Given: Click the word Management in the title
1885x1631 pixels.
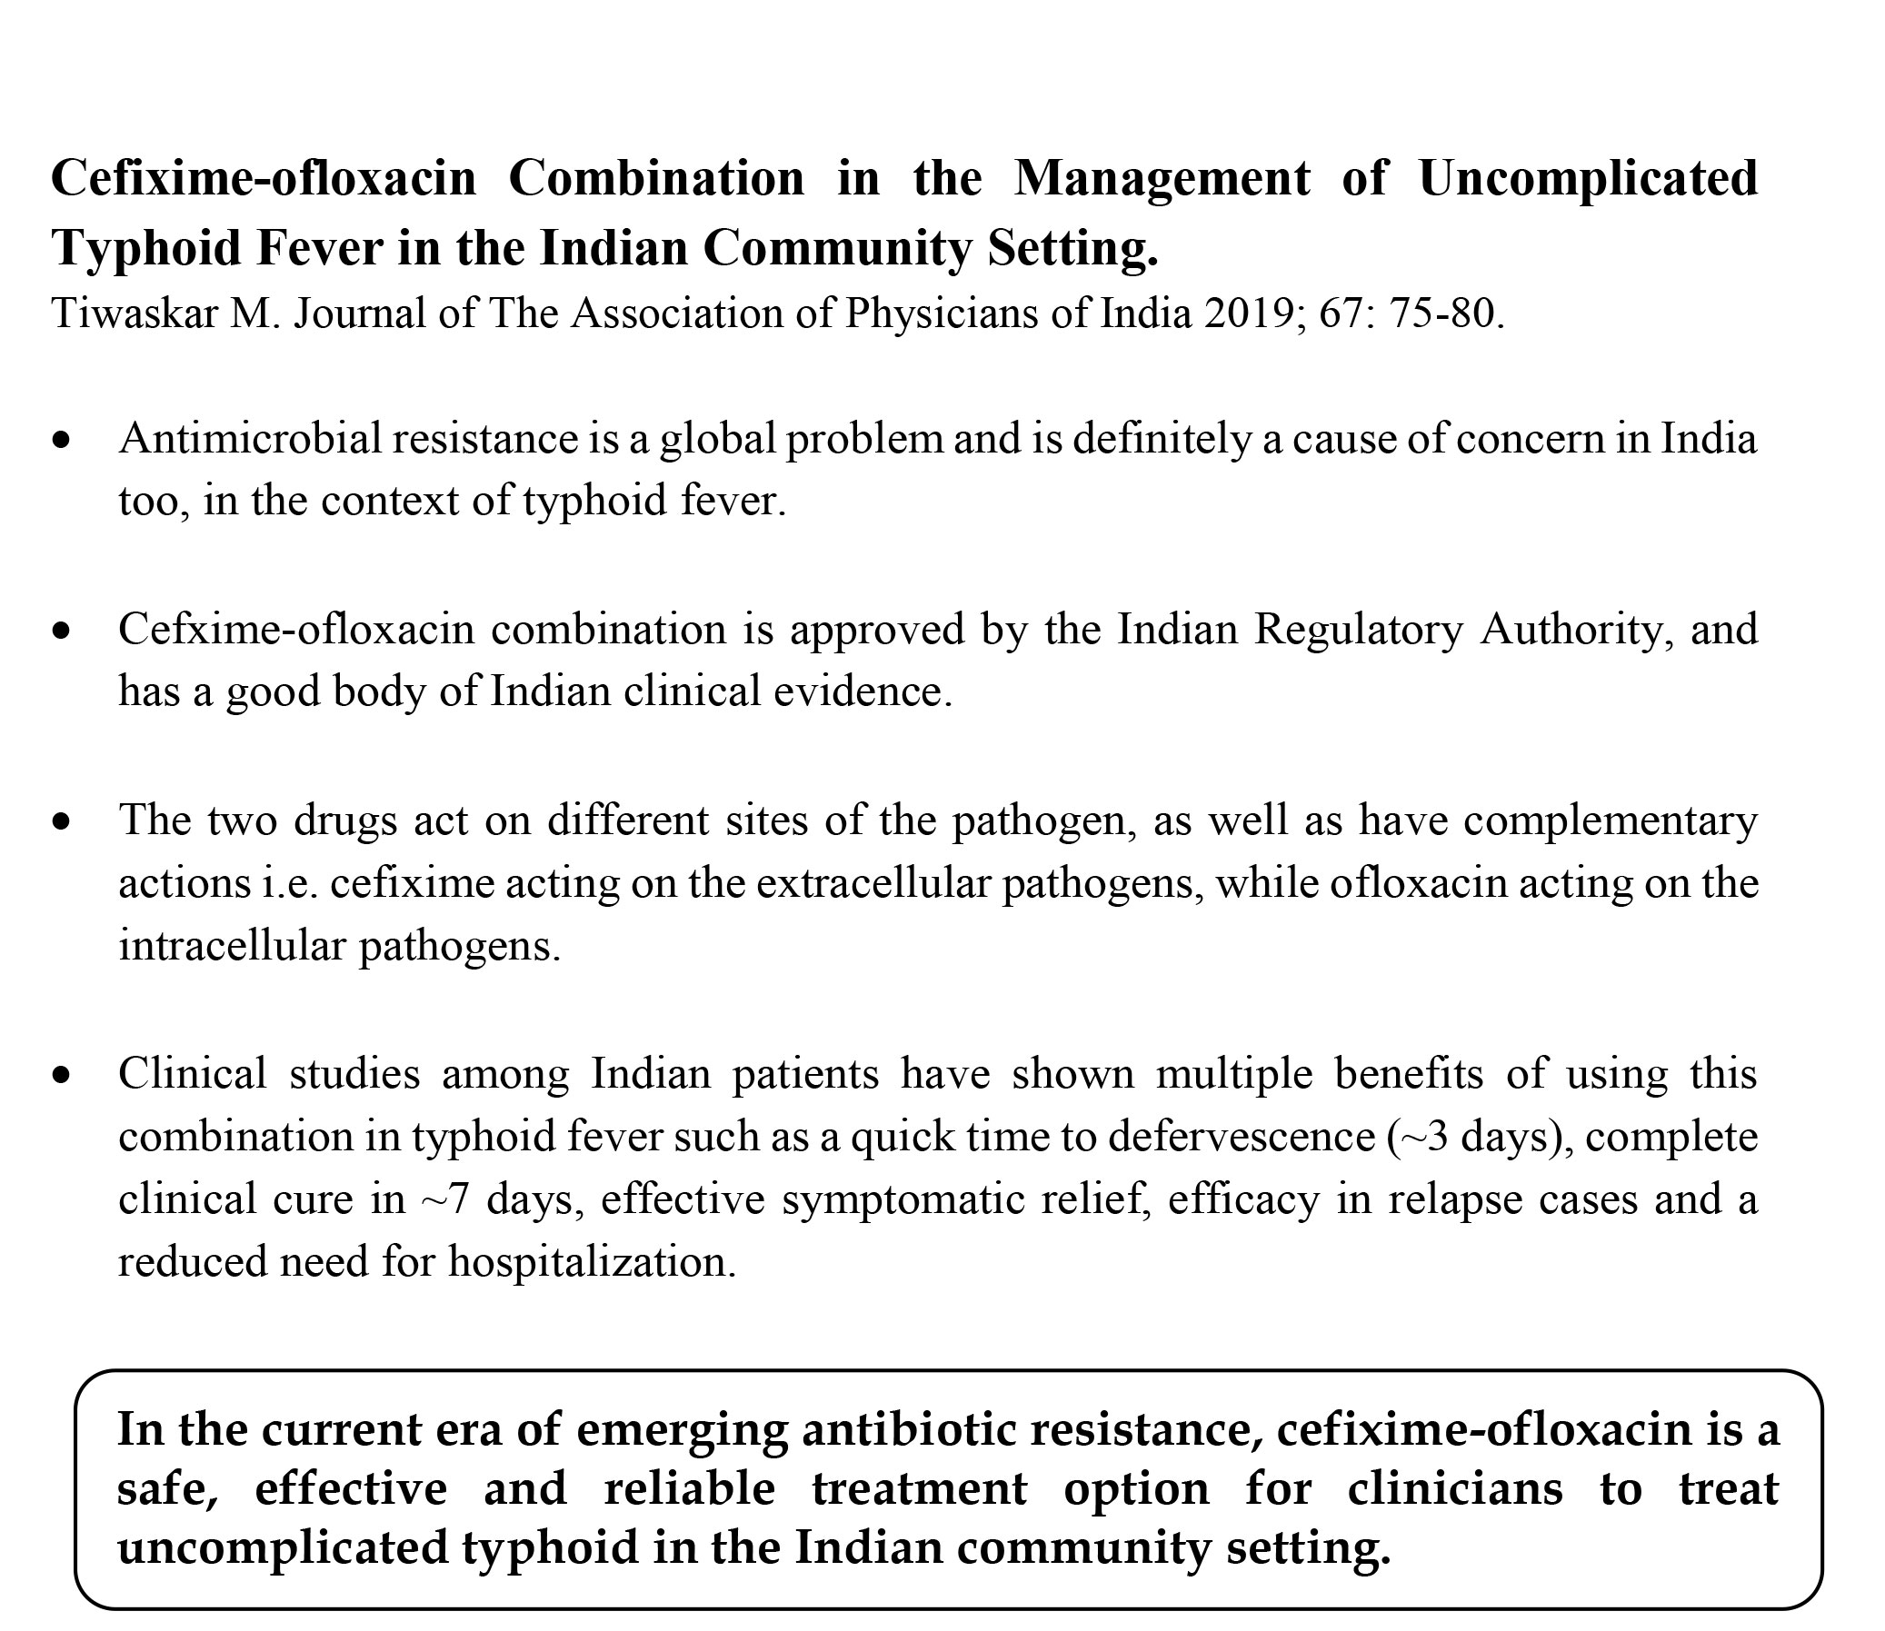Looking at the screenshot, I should (1162, 178).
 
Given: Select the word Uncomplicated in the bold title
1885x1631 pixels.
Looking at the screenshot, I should (1588, 178).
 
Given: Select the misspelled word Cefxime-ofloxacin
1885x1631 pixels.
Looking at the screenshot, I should (296, 630).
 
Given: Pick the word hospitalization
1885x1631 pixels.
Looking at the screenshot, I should (592, 1262).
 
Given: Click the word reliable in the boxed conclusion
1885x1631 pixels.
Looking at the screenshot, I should (689, 1489).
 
